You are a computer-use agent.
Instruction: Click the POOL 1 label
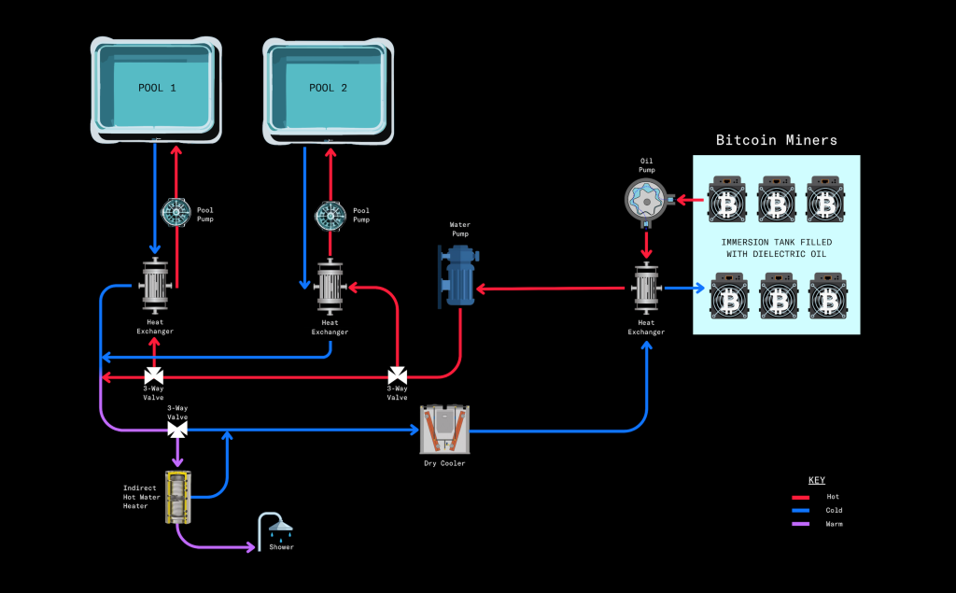coord(157,88)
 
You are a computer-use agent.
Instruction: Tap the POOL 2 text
coord(328,88)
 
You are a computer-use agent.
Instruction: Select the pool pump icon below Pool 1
coord(176,213)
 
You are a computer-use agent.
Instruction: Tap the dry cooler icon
coord(444,431)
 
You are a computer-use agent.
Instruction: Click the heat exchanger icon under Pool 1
coord(154,286)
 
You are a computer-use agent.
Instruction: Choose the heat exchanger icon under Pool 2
coord(329,287)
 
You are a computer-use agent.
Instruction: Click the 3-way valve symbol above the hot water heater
coord(176,430)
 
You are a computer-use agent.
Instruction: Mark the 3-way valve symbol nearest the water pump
coord(397,376)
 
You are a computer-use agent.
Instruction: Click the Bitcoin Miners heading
coord(776,140)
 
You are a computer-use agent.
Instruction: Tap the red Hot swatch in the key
coord(800,497)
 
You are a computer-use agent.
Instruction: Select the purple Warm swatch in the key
coord(800,524)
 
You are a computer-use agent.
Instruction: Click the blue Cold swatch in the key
coord(800,511)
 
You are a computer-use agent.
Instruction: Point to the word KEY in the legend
coord(816,479)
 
